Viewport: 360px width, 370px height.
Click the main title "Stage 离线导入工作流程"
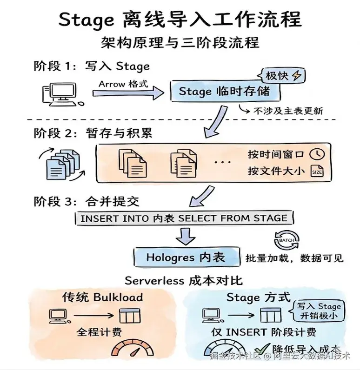(x=180, y=20)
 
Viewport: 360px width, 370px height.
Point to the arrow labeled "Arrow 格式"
(x=128, y=93)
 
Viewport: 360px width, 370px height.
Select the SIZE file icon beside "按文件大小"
(x=316, y=171)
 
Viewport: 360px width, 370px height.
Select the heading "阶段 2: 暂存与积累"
(x=93, y=133)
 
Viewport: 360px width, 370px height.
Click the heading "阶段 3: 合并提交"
(x=87, y=202)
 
